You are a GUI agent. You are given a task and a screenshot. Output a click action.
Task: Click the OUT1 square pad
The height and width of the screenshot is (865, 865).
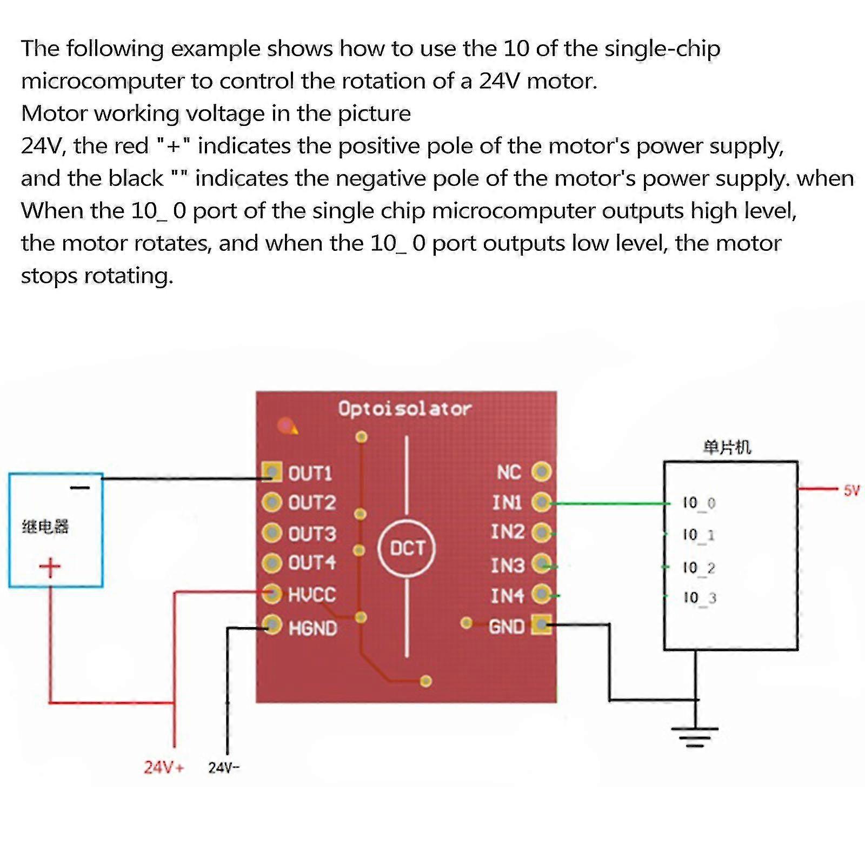pyautogui.click(x=271, y=471)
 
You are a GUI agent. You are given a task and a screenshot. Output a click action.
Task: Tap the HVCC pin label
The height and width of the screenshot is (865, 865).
pyautogui.click(x=312, y=595)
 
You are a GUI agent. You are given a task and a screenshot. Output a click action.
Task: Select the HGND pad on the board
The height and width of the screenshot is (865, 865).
pyautogui.click(x=272, y=625)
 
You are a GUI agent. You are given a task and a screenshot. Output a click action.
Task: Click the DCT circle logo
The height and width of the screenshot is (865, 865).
pyautogui.click(x=407, y=549)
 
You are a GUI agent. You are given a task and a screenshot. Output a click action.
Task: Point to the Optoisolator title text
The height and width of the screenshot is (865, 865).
pyautogui.click(x=404, y=409)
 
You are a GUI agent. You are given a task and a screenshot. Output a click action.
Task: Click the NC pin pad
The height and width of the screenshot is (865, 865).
pyautogui.click(x=541, y=471)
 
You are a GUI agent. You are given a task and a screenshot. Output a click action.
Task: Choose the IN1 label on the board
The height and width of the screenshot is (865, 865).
pyautogui.click(x=507, y=503)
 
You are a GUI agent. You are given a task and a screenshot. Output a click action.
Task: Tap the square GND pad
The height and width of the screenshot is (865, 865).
pyautogui.click(x=541, y=625)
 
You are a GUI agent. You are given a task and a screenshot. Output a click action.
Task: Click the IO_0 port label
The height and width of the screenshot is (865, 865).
pyautogui.click(x=698, y=503)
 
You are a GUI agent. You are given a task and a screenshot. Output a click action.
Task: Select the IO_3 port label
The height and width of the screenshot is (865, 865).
pyautogui.click(x=699, y=598)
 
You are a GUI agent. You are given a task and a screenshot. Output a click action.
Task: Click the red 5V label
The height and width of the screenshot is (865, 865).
pyautogui.click(x=851, y=490)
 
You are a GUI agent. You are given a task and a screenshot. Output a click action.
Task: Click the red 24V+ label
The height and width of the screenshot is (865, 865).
pyautogui.click(x=163, y=767)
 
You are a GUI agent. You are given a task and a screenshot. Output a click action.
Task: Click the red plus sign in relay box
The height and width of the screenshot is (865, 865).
pyautogui.click(x=50, y=567)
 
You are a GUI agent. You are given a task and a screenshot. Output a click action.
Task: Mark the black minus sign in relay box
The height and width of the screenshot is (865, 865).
pyautogui.click(x=80, y=488)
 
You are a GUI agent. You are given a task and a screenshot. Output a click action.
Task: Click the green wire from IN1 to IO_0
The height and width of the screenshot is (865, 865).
pyautogui.click(x=611, y=503)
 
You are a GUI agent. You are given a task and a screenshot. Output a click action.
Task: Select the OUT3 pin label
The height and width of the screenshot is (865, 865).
pyautogui.click(x=312, y=534)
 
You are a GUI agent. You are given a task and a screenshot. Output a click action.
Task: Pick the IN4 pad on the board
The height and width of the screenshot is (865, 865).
pyautogui.click(x=541, y=594)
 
